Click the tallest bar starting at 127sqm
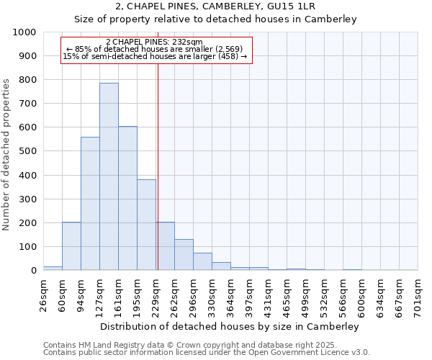[x=109, y=176]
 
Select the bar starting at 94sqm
[x=90, y=204]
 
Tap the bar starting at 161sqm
[x=127, y=198]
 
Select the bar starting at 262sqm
[x=184, y=255]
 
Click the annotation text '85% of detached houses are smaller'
[x=156, y=49]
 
